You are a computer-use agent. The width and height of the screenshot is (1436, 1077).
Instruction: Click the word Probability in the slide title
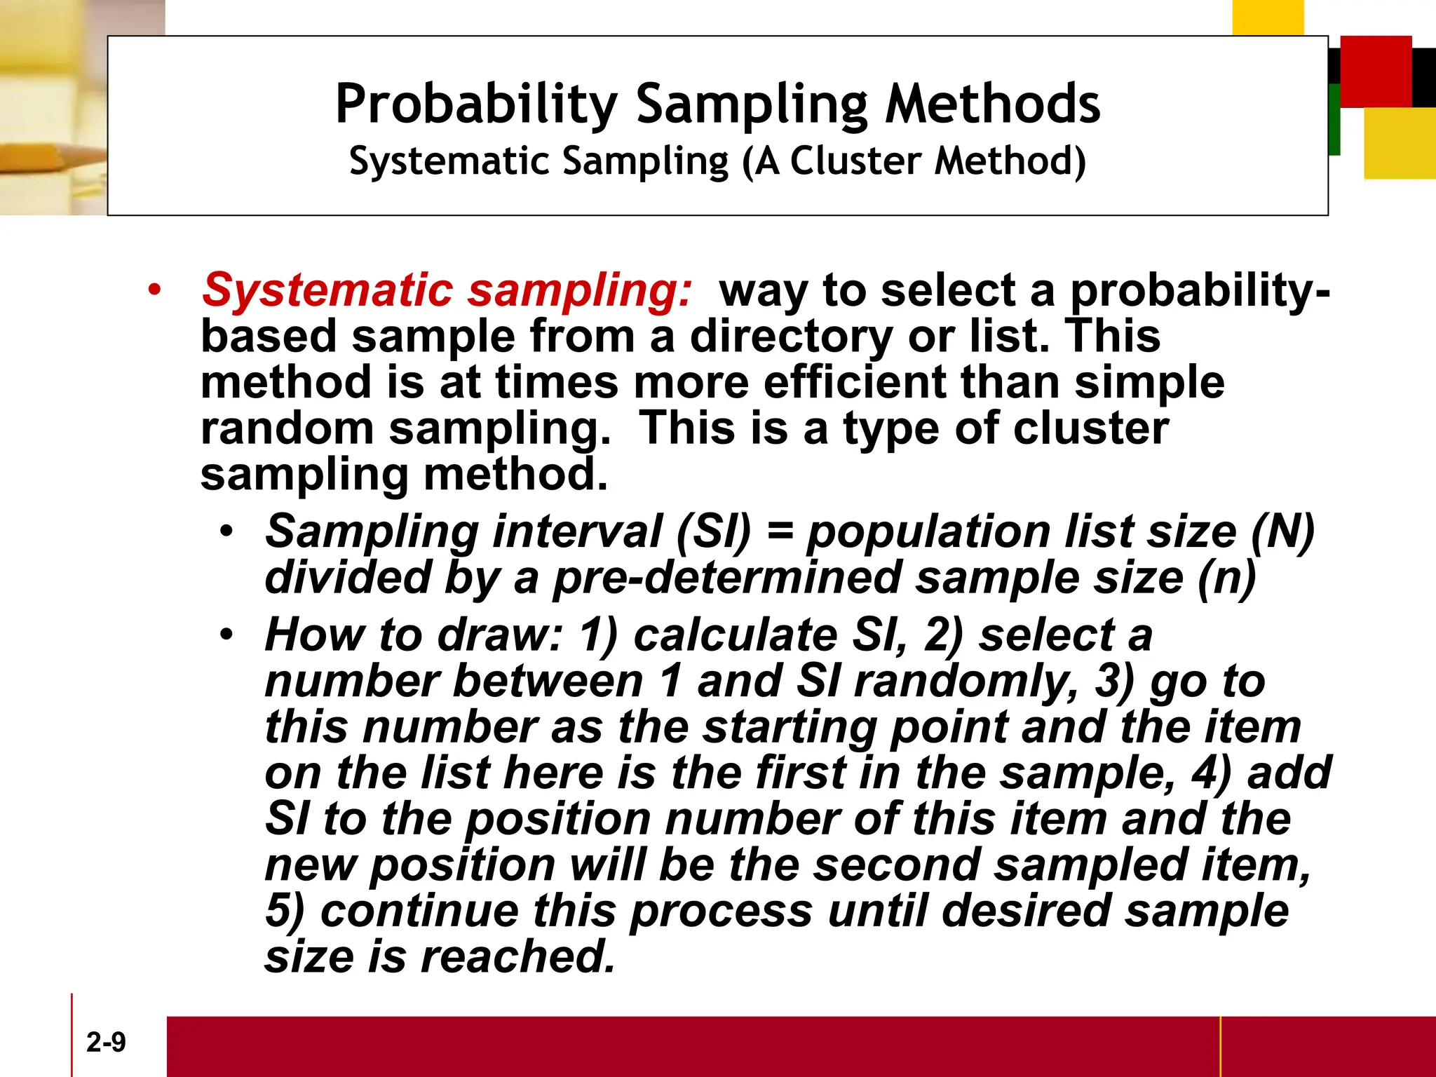point(476,104)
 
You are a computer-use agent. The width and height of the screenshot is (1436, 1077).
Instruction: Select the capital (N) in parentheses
point(1283,531)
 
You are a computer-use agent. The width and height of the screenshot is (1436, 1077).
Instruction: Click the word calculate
point(736,635)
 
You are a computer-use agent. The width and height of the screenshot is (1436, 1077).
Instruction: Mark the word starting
point(790,728)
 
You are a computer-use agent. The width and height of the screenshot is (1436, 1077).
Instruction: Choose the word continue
point(420,912)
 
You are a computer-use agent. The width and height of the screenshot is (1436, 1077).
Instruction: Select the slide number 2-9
point(106,1042)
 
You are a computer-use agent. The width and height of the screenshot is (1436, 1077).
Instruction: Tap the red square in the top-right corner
point(1376,71)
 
